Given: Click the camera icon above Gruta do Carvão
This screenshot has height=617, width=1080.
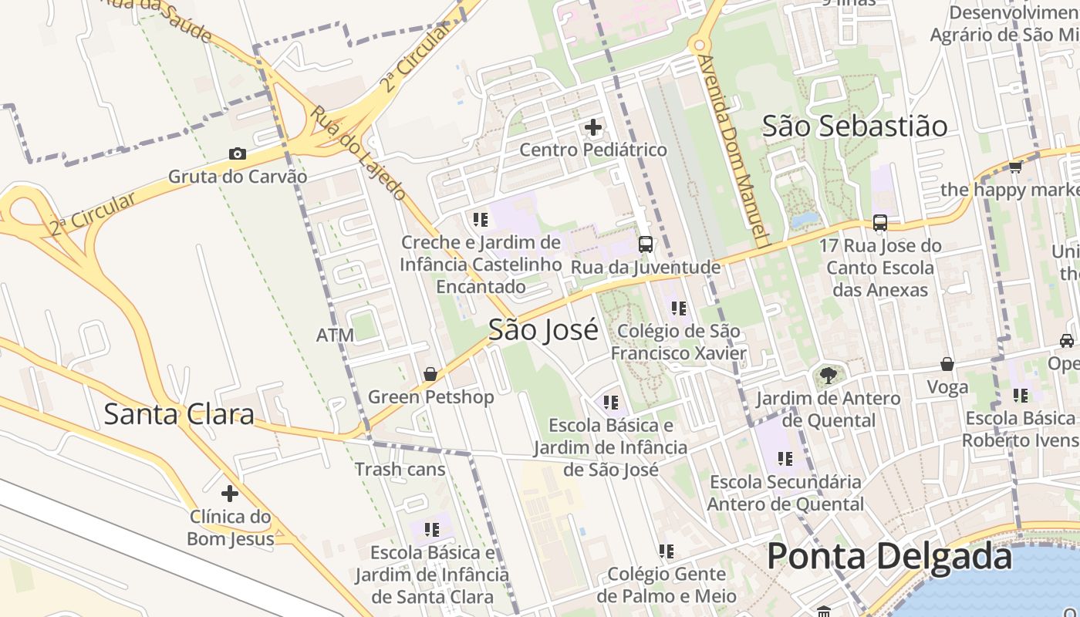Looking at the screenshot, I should (x=238, y=153).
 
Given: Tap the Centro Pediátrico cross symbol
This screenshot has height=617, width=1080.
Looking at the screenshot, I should (x=593, y=126).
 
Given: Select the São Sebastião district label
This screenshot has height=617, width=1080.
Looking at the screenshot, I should (x=855, y=126).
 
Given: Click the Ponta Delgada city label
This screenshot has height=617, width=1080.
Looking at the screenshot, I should (x=889, y=555).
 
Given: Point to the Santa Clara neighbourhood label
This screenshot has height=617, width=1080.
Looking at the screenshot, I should (x=179, y=414).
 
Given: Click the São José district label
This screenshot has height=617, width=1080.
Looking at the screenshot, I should (x=543, y=329).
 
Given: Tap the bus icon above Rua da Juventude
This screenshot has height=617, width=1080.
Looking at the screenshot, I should (x=646, y=244).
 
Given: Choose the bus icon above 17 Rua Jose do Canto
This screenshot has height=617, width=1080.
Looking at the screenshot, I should (x=880, y=223).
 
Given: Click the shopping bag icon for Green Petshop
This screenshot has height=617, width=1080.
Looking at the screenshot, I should (x=430, y=374).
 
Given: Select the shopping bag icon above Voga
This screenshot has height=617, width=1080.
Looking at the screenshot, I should (x=947, y=364).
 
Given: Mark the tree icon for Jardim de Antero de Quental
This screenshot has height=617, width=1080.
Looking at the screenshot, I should (x=829, y=376).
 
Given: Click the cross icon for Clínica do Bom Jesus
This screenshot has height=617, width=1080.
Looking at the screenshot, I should (x=230, y=494).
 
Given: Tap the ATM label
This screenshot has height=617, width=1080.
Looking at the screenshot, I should (x=336, y=335).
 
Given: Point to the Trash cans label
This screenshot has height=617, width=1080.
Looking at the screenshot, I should (x=400, y=469).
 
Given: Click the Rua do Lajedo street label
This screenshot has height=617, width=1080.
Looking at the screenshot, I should (x=358, y=153).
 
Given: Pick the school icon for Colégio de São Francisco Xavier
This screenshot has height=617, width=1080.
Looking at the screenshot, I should (x=679, y=308).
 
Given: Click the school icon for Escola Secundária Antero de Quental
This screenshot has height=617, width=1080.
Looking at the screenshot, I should (x=785, y=459).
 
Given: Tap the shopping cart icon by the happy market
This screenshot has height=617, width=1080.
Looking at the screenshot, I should (x=1016, y=167).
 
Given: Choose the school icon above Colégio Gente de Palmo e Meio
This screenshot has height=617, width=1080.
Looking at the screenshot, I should (x=667, y=551).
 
